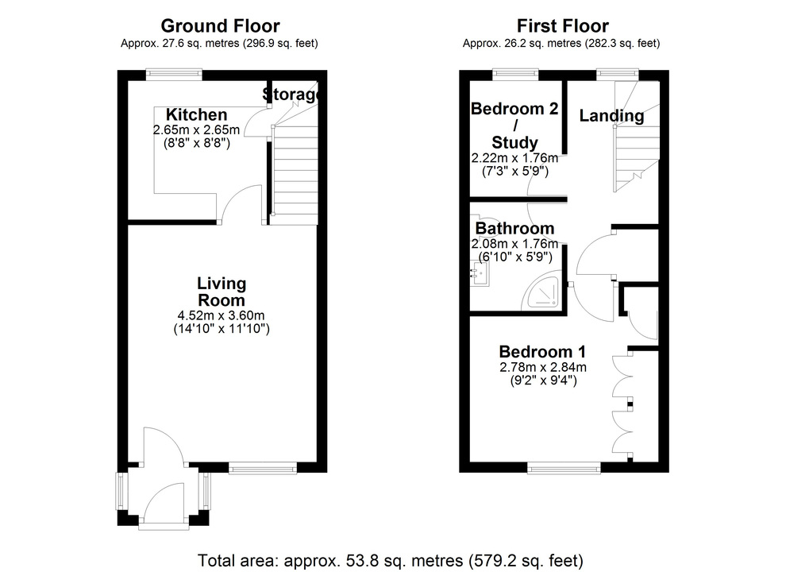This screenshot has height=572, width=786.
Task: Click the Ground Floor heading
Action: [220, 26]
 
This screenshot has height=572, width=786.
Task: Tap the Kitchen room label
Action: [196, 114]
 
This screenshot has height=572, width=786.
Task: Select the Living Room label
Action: [222, 292]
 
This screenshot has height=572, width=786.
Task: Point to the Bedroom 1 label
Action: [536, 351]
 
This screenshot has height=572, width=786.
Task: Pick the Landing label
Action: [611, 116]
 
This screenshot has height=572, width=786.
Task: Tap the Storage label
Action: [292, 95]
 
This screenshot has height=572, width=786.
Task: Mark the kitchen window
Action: [174, 75]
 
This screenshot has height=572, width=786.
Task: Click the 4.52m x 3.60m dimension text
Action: [222, 315]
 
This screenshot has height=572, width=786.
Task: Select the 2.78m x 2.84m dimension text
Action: [542, 367]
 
